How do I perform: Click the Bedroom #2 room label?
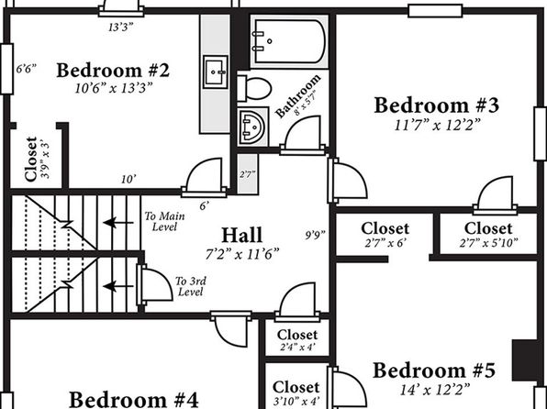113,70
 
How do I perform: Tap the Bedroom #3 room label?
437,105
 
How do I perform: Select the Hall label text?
241,235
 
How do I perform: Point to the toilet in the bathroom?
254,88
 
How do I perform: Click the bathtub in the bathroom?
289,41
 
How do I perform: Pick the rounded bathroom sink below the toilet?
253,127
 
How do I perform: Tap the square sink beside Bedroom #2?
216,72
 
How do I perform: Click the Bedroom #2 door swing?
205,176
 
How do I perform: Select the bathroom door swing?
303,135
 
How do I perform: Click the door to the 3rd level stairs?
155,284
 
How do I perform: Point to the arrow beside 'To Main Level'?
117,222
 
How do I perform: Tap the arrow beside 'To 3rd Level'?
117,286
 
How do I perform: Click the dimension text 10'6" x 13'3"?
114,88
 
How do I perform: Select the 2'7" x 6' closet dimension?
385,243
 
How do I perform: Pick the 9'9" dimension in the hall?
316,235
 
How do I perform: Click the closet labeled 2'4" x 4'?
297,339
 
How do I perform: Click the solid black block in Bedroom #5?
525,359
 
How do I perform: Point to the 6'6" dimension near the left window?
27,69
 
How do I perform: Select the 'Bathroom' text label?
297,95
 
